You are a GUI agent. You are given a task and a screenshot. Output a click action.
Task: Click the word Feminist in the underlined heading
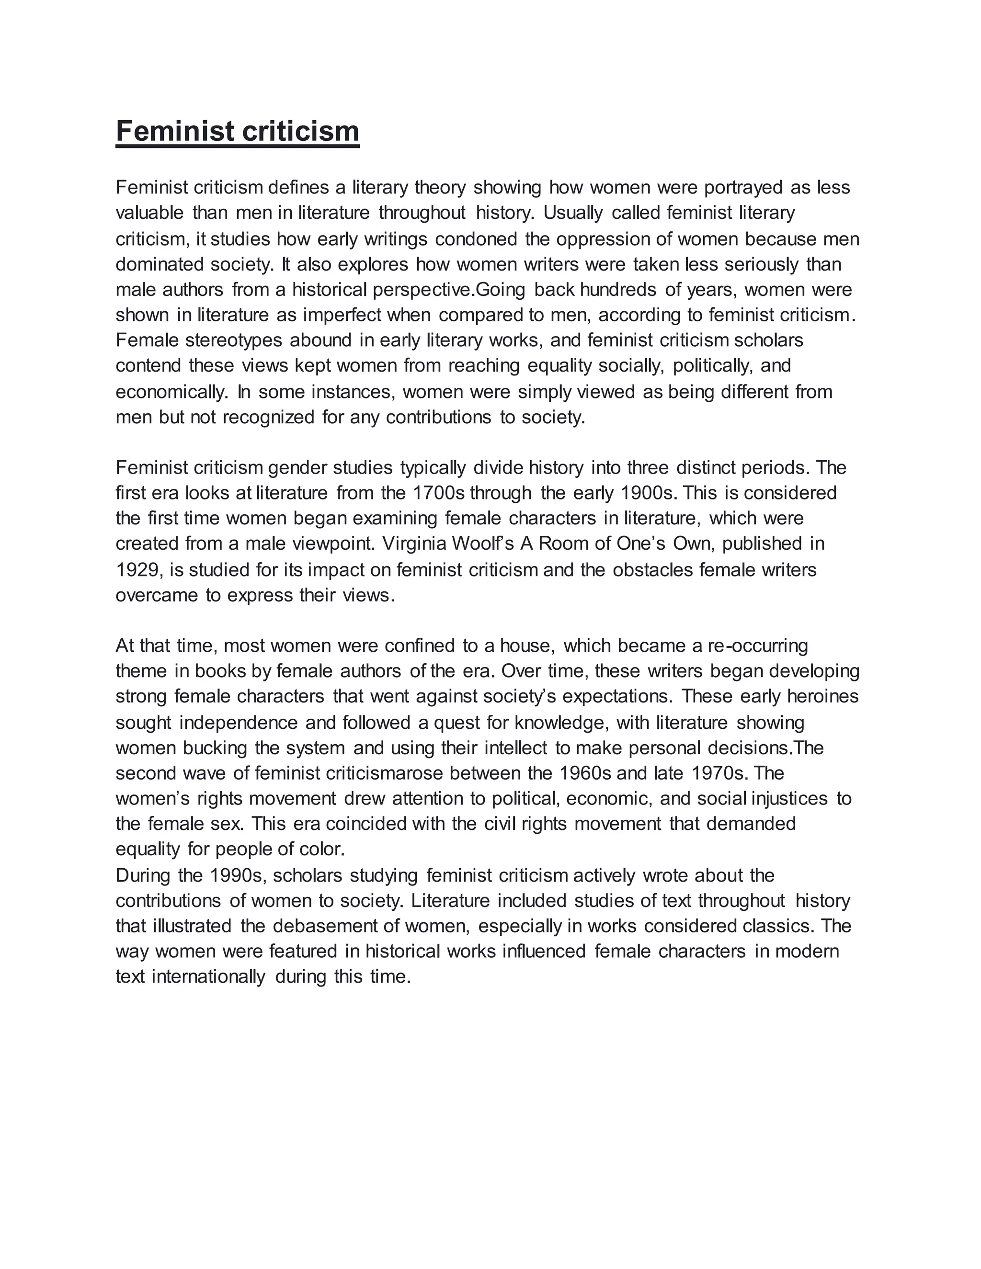coord(174,131)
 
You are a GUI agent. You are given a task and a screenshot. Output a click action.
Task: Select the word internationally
coord(207,977)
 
